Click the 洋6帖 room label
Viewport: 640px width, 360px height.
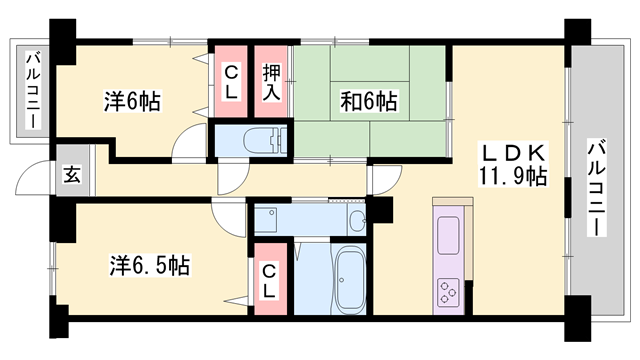[132, 101]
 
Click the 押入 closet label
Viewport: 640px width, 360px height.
[271, 81]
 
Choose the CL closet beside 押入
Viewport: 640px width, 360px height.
[230, 81]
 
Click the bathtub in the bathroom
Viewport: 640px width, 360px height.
[349, 279]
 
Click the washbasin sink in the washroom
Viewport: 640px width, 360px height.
[355, 218]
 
